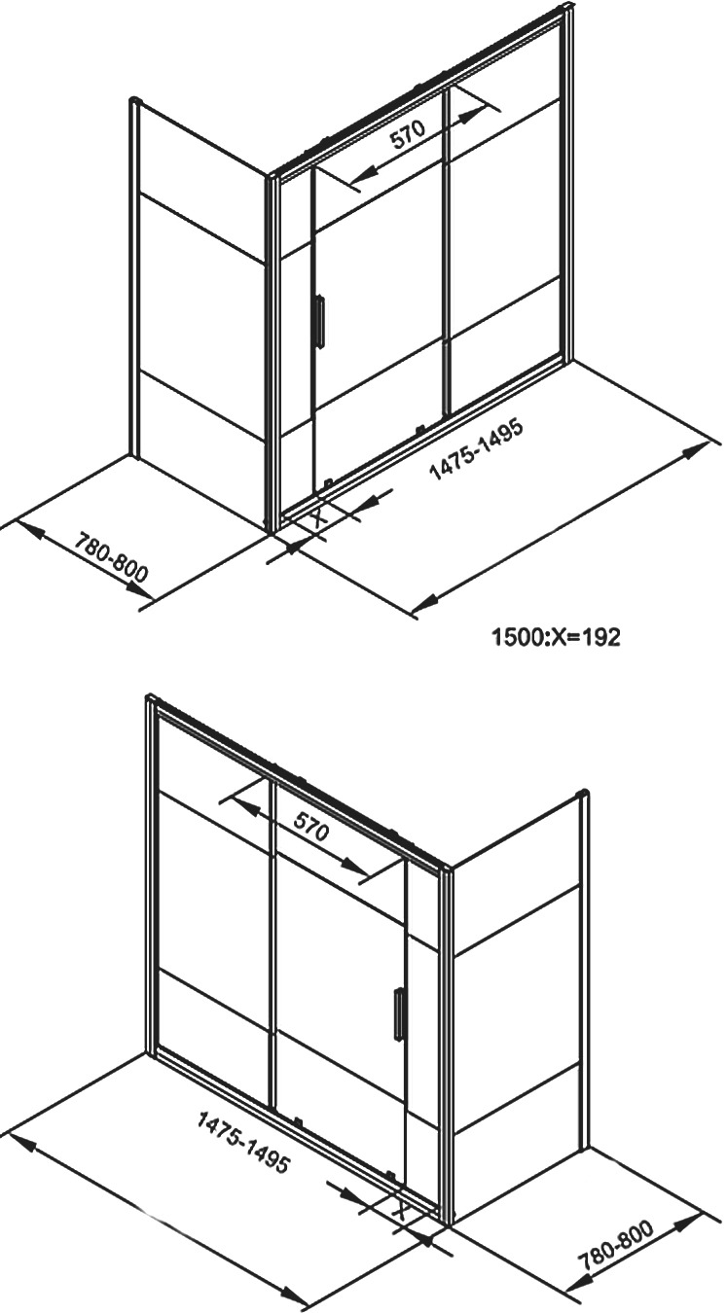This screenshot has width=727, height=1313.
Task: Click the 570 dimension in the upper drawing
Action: tap(408, 136)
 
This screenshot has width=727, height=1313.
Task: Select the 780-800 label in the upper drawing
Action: tap(112, 557)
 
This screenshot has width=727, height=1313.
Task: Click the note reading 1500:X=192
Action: tap(556, 637)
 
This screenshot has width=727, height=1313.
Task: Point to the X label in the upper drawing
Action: tap(318, 517)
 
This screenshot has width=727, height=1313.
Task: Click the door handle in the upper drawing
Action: tap(318, 321)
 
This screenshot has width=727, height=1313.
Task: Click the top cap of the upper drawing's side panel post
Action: tap(135, 100)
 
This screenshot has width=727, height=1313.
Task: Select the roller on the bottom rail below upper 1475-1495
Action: tap(418, 430)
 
